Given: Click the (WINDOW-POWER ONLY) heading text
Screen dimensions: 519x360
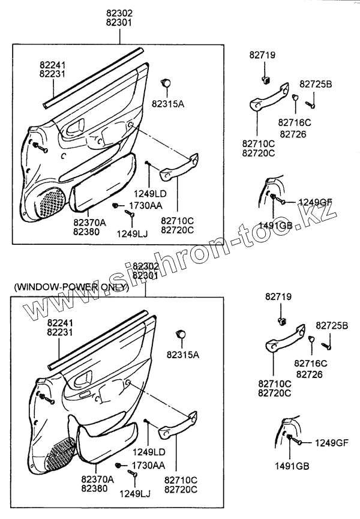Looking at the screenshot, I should pos(71,287).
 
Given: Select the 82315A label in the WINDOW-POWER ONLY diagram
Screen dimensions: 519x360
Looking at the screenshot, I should pos(184,355).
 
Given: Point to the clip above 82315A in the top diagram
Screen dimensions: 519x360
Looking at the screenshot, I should pos(168,83).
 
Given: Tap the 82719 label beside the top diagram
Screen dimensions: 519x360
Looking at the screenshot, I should pos(262,55).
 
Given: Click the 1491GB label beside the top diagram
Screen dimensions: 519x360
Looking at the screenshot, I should pos(275,225).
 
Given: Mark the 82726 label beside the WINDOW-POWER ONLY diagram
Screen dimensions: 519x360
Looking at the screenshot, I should pos(309,374).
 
